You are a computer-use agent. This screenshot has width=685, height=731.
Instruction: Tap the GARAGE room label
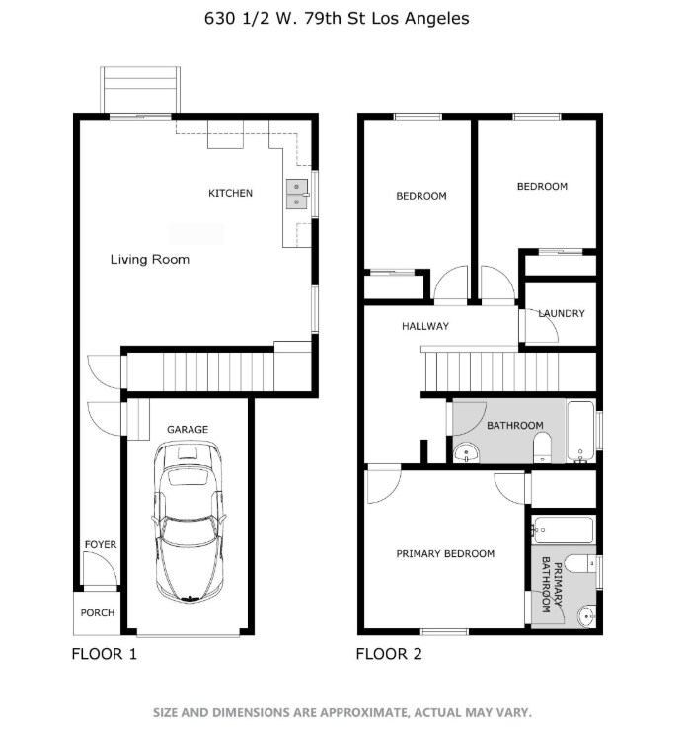(x=187, y=430)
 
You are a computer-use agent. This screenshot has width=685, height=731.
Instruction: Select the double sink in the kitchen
(x=295, y=194)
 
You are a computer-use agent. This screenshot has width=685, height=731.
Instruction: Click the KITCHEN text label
(x=230, y=193)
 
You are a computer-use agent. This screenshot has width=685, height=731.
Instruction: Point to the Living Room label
(x=149, y=260)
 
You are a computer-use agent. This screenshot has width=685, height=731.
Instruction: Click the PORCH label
(x=97, y=612)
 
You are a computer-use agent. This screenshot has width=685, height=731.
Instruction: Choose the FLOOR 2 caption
(x=389, y=654)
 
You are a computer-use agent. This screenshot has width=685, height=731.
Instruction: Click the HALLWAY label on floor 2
(x=424, y=326)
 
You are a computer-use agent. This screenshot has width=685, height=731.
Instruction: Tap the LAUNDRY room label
(x=561, y=314)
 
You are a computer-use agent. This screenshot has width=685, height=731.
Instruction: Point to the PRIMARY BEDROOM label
(x=445, y=554)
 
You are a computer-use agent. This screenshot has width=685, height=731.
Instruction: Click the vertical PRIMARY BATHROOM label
(x=546, y=585)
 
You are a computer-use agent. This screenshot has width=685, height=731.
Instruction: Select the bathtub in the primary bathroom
(x=563, y=530)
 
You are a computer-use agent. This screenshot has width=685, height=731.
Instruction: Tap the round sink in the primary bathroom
(x=585, y=615)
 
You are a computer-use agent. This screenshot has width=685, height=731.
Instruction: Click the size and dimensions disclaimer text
(x=342, y=711)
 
